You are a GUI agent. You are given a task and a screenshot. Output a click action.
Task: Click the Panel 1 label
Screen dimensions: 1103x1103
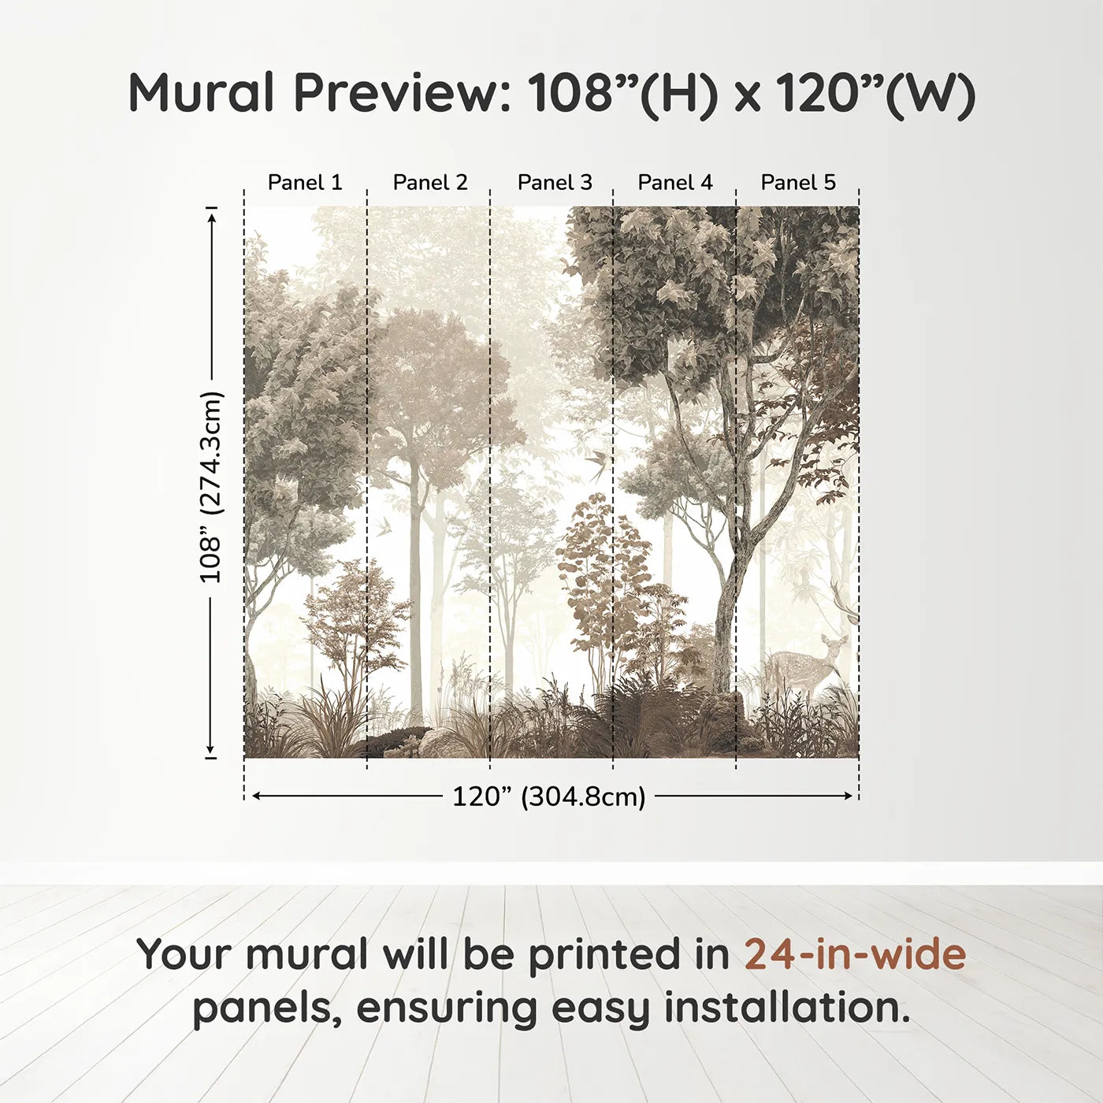(305, 183)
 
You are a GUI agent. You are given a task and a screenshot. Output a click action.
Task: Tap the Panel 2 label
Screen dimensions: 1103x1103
(429, 183)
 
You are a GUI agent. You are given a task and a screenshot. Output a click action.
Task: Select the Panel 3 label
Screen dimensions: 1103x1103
(555, 183)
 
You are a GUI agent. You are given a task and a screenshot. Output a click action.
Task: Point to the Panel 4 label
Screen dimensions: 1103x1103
(675, 183)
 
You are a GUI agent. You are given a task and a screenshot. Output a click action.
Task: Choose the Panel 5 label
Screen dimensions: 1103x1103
(798, 183)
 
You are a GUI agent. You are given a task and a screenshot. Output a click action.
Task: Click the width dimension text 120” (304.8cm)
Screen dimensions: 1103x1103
(549, 797)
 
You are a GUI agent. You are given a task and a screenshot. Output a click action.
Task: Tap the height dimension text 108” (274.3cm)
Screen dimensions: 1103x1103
(211, 487)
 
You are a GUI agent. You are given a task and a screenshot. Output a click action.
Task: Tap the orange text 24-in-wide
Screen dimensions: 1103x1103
(855, 954)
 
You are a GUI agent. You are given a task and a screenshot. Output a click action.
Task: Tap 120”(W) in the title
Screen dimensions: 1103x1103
(875, 93)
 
